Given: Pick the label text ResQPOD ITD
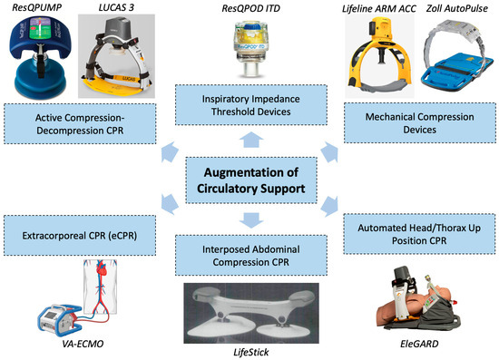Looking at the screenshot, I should click(x=249, y=8).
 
